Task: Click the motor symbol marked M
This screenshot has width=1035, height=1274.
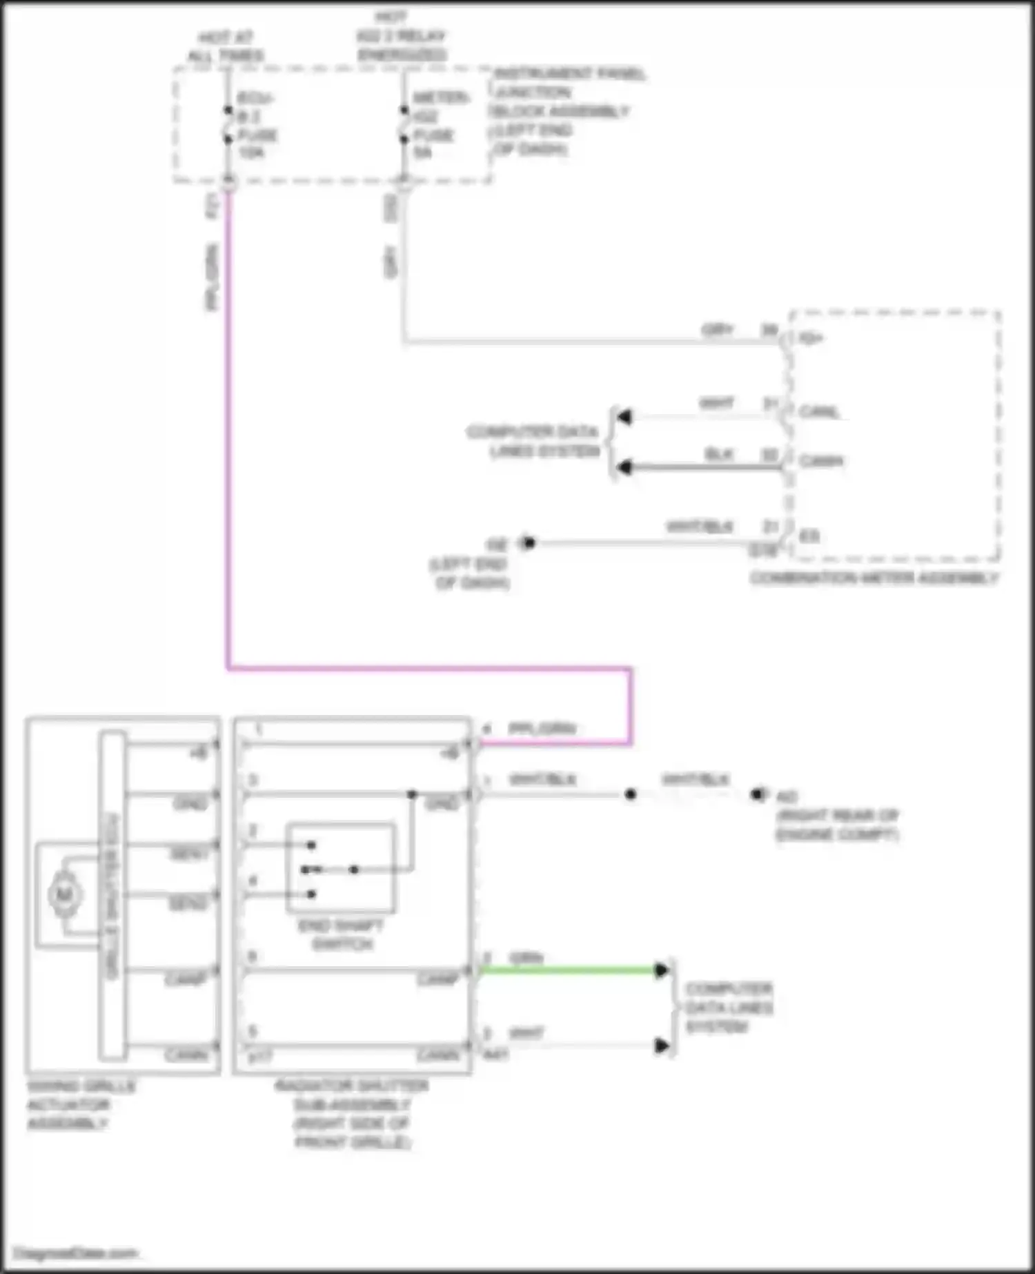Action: pos(65,895)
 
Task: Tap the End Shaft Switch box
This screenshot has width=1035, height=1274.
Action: pos(341,867)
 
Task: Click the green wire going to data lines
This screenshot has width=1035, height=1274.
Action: pos(566,970)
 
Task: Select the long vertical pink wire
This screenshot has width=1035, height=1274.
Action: pos(228,428)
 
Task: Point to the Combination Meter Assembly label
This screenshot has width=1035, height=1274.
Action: pos(874,578)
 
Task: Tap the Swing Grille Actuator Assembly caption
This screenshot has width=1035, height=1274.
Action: pos(79,1104)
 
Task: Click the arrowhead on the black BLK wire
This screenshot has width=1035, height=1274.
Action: pos(624,467)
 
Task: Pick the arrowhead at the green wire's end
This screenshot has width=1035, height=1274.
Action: pos(661,970)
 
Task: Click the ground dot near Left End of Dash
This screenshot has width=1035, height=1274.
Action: pos(529,542)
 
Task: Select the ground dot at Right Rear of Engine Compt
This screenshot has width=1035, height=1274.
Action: pos(758,794)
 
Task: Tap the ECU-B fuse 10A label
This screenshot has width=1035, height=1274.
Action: pos(257,126)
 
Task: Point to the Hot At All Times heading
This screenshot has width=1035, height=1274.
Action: pos(226,46)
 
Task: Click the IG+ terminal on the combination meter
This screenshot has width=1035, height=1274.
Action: pos(809,338)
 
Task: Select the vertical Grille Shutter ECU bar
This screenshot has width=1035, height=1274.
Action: pos(112,895)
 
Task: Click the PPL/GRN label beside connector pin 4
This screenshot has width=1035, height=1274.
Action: pos(542,728)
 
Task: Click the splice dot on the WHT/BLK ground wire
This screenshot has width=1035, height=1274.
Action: pos(630,794)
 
